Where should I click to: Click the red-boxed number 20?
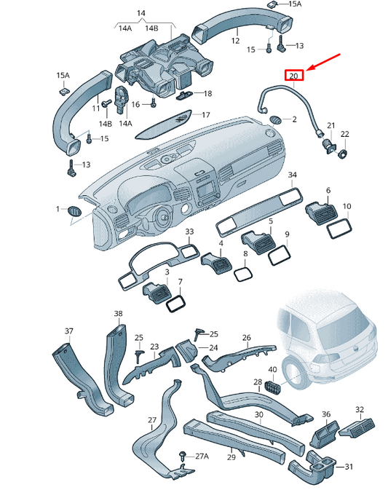click(x=293, y=76)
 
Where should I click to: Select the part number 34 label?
click(x=292, y=175)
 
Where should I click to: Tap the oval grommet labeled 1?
click(x=75, y=210)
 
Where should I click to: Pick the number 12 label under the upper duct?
click(x=234, y=42)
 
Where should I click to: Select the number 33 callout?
click(x=189, y=232)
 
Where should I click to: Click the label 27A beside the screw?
click(x=200, y=456)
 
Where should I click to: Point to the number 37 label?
click(x=69, y=331)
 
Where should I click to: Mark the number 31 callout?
click(x=348, y=467)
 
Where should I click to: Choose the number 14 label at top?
click(x=141, y=13)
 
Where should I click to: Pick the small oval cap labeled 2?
click(x=277, y=119)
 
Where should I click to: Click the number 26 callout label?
click(x=246, y=338)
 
